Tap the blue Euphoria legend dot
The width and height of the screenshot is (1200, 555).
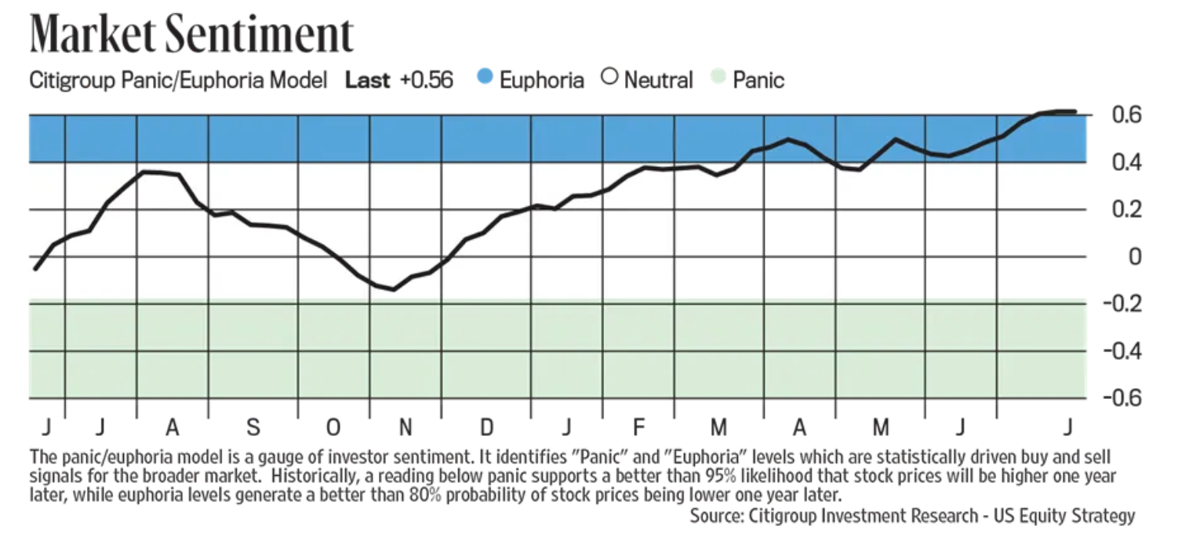coord(484,77)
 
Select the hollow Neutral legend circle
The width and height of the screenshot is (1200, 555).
coord(609,77)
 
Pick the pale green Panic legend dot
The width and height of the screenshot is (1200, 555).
coord(718,77)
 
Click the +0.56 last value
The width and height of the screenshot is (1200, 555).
coord(427,80)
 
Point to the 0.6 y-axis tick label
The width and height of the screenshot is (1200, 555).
coord(1126,114)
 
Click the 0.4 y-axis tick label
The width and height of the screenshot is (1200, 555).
coord(1126,161)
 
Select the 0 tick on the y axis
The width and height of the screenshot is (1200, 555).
coord(1135,257)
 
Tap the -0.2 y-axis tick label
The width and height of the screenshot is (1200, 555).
coord(1122,304)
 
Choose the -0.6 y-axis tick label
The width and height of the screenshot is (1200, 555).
coord(1122,398)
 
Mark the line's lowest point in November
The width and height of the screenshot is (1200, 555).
coord(395,289)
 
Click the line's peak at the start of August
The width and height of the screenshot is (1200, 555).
coord(146,172)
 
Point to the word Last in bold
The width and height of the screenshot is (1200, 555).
coord(367,80)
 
